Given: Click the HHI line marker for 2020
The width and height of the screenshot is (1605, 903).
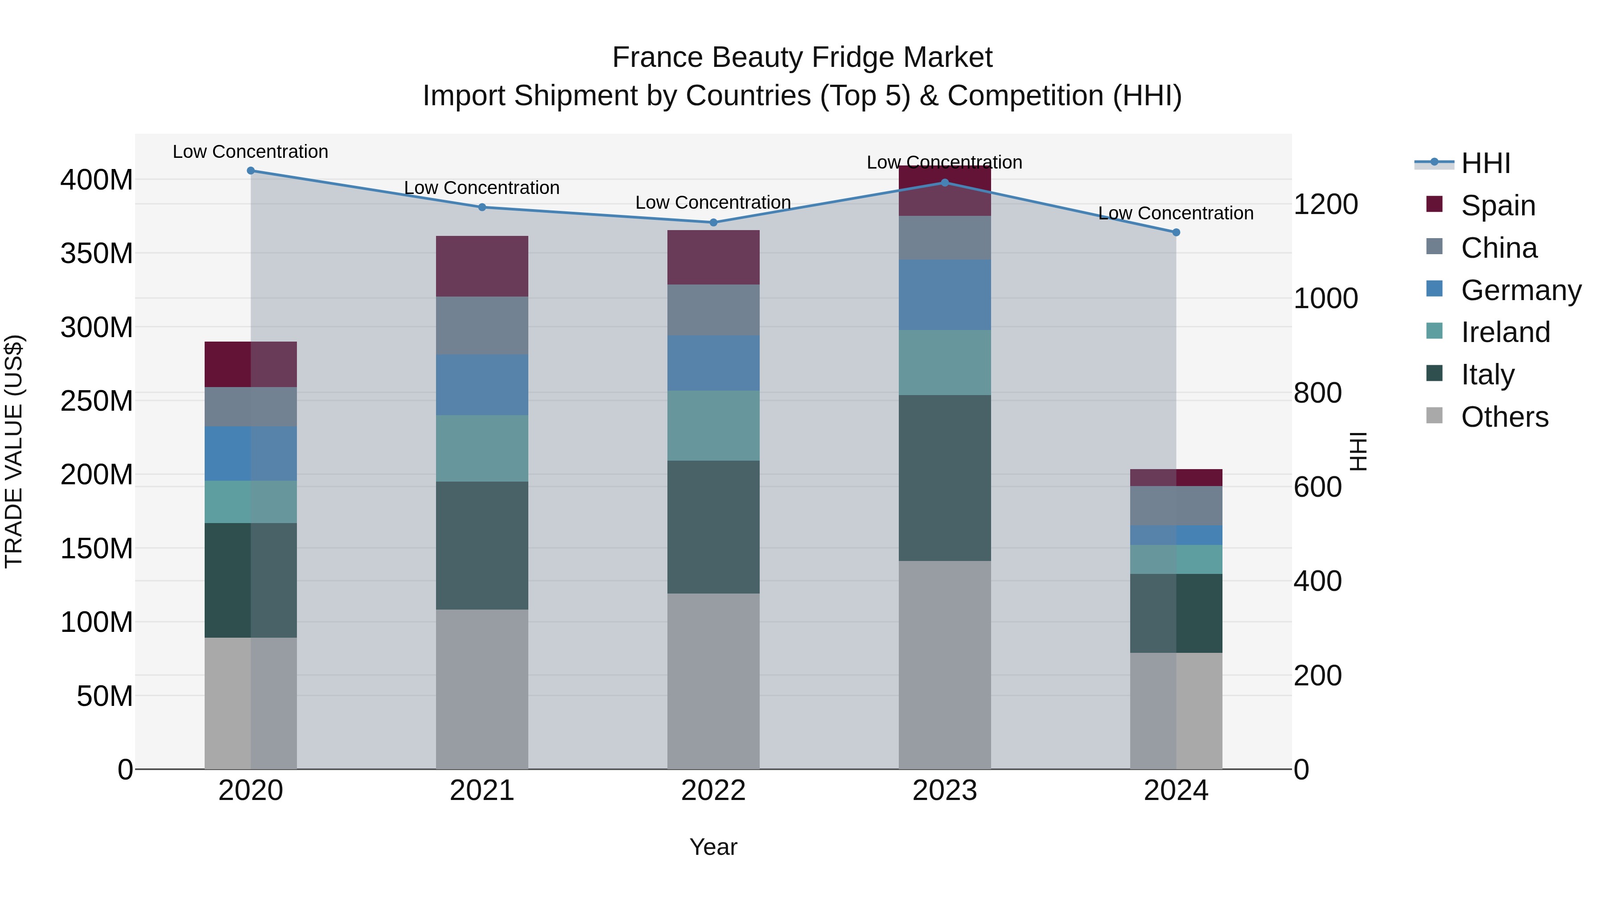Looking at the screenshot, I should (251, 171).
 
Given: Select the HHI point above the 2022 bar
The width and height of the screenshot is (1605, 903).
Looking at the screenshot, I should (713, 223).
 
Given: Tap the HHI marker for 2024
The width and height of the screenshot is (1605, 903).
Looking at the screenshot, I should (1176, 232).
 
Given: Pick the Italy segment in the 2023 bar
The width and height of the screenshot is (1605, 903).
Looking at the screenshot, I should (945, 478).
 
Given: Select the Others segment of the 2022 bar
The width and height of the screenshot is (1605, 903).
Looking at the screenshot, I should (713, 680).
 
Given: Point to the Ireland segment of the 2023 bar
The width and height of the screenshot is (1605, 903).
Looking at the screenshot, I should (945, 362).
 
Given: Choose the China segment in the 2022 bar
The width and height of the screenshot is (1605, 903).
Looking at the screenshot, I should (713, 310).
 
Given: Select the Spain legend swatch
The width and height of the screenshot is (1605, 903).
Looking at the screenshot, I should (1434, 204).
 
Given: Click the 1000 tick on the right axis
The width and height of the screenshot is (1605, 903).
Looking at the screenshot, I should (1325, 298).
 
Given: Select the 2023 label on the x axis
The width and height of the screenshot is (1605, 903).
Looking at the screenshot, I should (945, 791).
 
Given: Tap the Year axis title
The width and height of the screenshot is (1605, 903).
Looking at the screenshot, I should (713, 847).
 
